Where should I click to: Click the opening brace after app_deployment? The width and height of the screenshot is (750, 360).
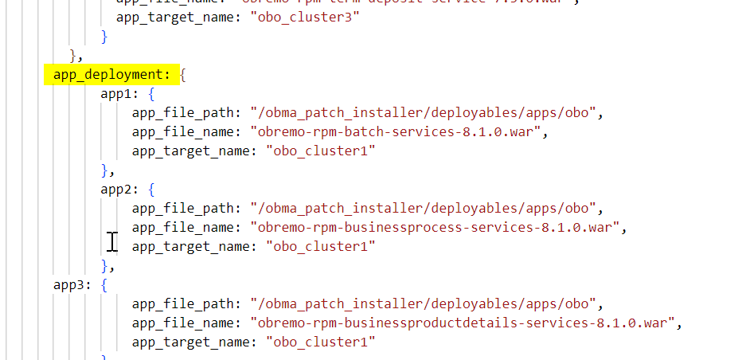click(183, 75)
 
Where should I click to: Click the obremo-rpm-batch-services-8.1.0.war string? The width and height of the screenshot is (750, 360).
click(397, 132)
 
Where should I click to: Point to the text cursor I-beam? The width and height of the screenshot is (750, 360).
click(113, 241)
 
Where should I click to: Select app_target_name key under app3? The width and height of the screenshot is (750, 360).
click(193, 342)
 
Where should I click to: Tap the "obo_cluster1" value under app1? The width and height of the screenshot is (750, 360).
click(320, 151)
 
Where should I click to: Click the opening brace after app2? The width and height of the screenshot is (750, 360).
click(152, 190)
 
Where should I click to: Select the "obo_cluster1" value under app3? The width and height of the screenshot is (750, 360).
click(320, 342)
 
